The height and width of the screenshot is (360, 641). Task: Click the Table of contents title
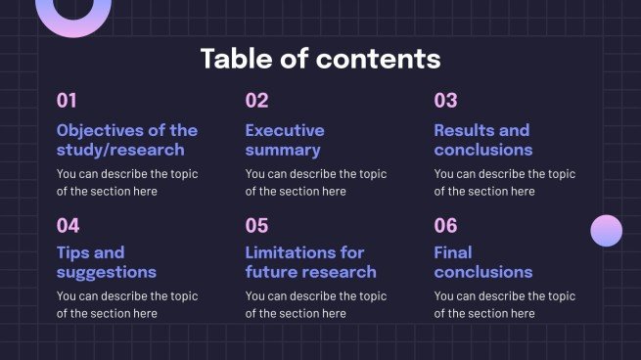pos(320,58)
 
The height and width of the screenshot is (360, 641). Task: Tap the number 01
pos(67,100)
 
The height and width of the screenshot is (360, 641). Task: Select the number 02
pos(256,100)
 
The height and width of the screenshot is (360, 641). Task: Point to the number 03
pos(445,100)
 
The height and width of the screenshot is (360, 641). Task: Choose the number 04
pos(68,226)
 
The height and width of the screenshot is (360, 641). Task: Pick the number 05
pos(256,226)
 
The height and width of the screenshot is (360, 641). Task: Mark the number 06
pos(445,226)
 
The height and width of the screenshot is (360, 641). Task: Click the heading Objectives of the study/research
pos(127,140)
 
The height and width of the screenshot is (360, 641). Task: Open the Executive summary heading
pos(284,140)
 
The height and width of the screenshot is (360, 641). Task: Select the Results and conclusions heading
pos(482,140)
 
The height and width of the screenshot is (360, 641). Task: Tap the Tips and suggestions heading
pos(106,262)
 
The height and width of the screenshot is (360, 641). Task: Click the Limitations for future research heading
pos(310,262)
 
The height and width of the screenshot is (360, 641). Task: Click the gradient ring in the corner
pos(73,12)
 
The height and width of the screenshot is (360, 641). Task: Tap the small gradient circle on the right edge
pos(607,231)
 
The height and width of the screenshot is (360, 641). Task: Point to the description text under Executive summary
pos(315,183)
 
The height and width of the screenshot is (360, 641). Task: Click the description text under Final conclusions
pos(504,304)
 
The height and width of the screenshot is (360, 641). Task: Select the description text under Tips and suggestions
pos(127,304)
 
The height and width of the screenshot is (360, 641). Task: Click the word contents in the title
pos(378,58)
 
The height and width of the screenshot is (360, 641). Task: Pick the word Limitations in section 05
pos(290,252)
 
